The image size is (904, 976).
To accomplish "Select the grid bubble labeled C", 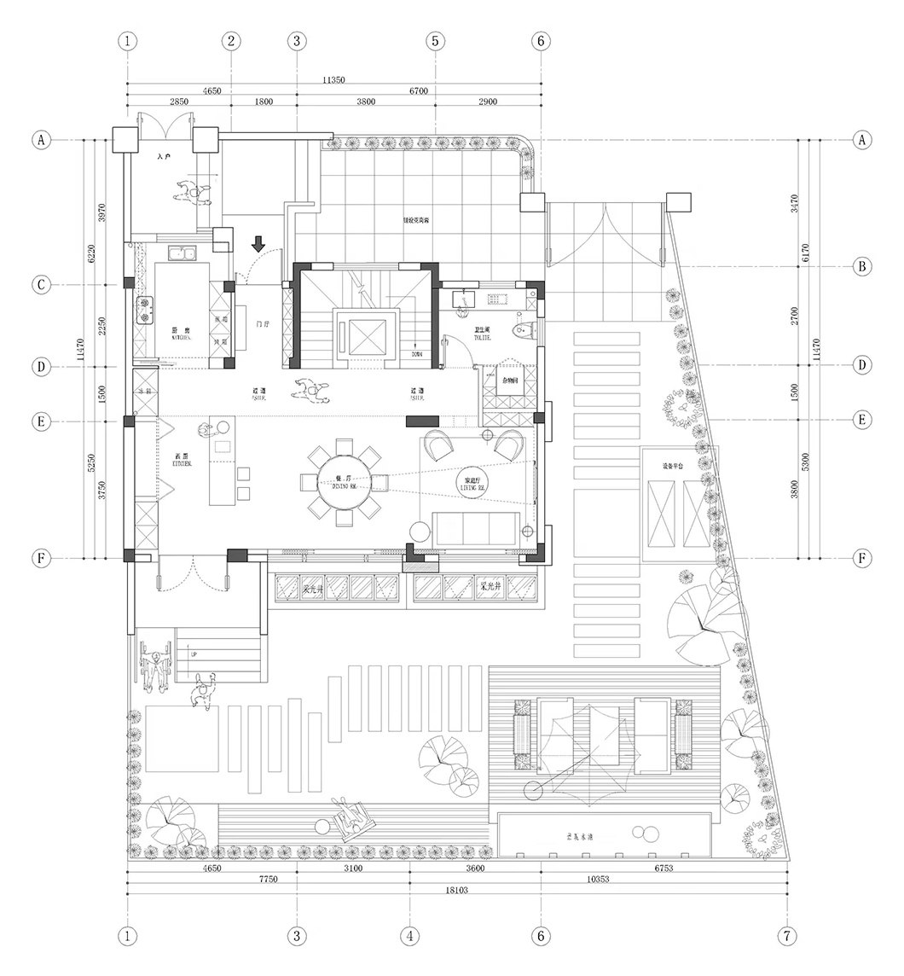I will tap(40, 284).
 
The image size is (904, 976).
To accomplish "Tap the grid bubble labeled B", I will tap(863, 266).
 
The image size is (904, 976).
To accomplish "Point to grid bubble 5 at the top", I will tap(435, 40).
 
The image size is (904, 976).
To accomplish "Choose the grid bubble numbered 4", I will tap(409, 936).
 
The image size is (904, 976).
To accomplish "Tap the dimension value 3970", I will tap(102, 212).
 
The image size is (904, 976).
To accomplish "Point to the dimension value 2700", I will tap(795, 316).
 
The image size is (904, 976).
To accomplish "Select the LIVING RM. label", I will tap(471, 485).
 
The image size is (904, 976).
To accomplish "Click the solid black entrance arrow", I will tap(258, 244).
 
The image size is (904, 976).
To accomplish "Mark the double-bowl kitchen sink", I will tap(183, 253).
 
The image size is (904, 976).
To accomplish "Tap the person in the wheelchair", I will tap(154, 665).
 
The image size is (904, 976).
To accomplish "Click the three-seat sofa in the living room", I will tap(476, 529).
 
